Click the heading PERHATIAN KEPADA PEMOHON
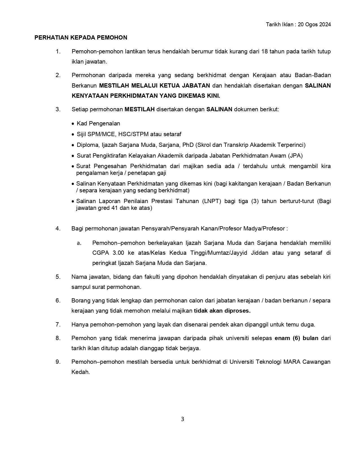click(x=81, y=38)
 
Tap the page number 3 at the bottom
click(x=182, y=419)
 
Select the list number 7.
click(x=58, y=325)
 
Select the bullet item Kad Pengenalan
click(x=98, y=123)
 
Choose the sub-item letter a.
click(x=79, y=243)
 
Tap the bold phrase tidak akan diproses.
click(x=222, y=311)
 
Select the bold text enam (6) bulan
click(x=296, y=338)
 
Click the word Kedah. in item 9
click(x=80, y=372)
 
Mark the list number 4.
click(x=58, y=228)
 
